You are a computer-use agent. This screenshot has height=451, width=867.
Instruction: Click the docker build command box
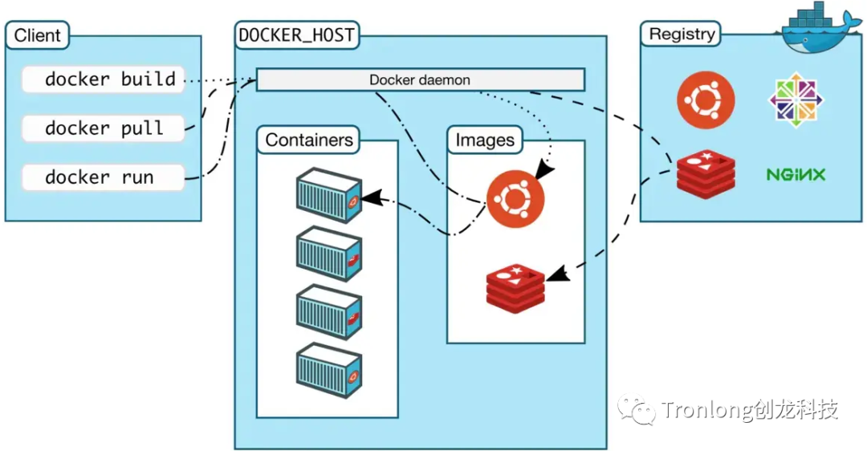tap(104, 79)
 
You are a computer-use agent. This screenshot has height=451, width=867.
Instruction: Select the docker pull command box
tap(104, 128)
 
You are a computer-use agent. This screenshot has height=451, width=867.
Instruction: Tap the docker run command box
tap(104, 177)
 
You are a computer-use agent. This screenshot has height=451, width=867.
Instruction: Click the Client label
tap(38, 36)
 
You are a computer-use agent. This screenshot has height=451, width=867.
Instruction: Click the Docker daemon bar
tap(420, 80)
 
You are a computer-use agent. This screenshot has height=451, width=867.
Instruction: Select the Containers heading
tap(309, 140)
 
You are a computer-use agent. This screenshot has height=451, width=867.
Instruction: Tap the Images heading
tap(485, 140)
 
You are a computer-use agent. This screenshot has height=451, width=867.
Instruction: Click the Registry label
tap(682, 35)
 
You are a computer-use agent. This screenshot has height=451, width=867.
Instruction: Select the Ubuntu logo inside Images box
tap(514, 200)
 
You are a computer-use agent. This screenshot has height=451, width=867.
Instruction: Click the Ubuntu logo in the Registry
tap(706, 100)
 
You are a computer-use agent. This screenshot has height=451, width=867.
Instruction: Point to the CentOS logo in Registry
tap(796, 99)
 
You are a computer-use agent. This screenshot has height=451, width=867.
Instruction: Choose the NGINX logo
tap(796, 174)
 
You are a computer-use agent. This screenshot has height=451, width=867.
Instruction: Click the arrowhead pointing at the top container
tap(369, 197)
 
